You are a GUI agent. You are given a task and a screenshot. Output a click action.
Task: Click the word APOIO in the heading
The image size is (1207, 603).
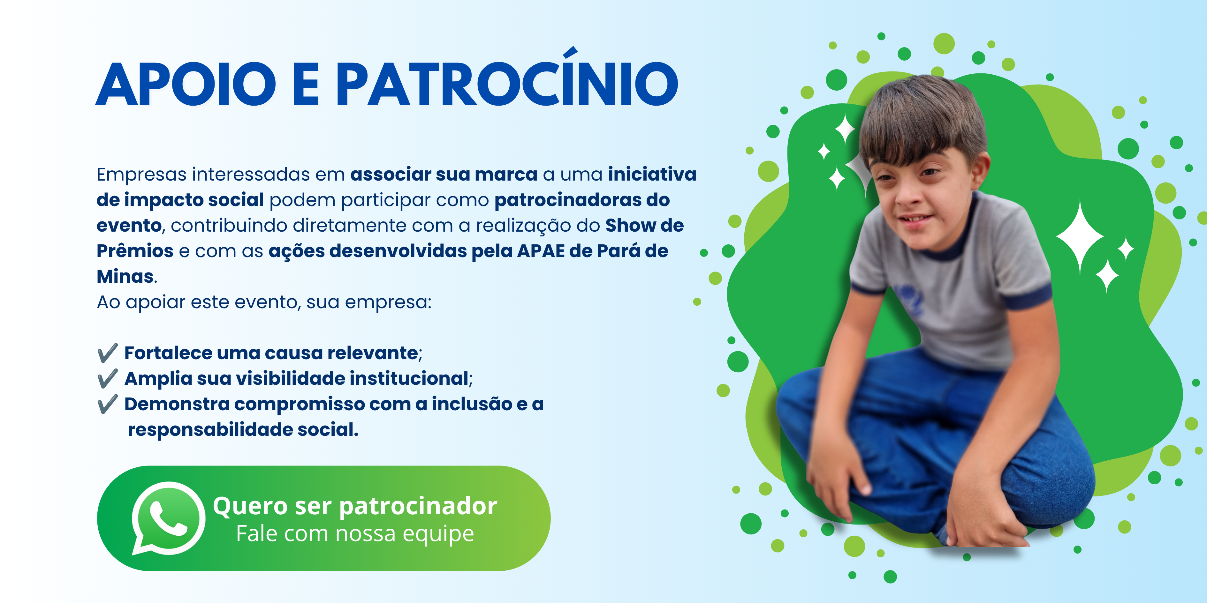186,84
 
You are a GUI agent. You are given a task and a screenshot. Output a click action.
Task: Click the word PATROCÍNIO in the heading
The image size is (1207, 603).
507,77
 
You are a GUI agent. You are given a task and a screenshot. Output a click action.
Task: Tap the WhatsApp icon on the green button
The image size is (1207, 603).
168,518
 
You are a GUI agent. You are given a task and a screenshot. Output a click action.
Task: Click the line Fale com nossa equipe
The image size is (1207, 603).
355,534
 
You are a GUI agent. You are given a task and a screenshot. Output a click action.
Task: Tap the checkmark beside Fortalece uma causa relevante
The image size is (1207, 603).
107,353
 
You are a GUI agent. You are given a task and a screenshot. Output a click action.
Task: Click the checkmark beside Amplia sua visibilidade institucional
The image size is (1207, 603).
107,378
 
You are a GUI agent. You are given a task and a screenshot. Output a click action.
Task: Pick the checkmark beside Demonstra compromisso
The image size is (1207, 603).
107,404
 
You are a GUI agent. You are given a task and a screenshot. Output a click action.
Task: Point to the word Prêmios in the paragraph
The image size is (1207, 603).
135,251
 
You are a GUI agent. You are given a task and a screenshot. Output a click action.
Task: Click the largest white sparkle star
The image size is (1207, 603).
1080,236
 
